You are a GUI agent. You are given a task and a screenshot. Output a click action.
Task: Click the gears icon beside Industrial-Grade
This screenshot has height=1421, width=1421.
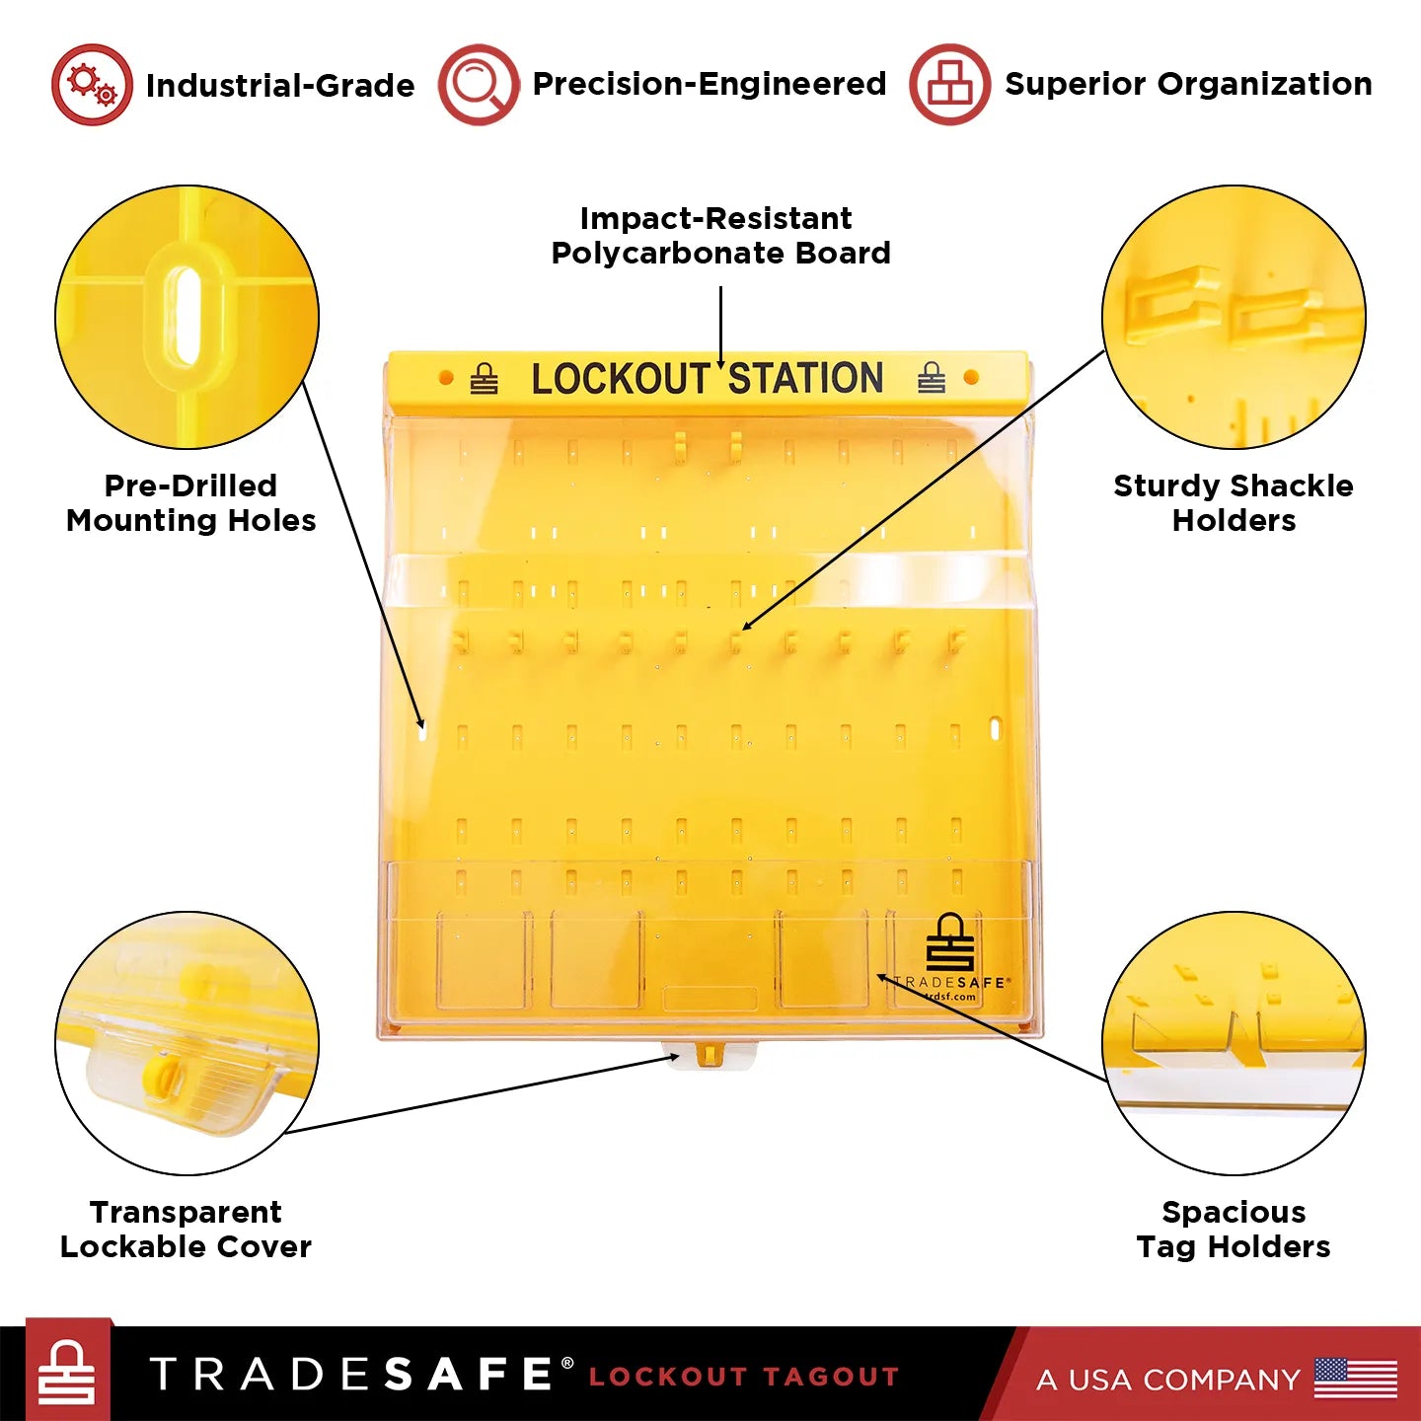[92, 85]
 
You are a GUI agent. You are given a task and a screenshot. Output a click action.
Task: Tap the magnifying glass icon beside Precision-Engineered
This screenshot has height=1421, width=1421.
[479, 85]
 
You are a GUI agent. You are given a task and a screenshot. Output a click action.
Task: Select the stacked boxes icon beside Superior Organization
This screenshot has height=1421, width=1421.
[949, 85]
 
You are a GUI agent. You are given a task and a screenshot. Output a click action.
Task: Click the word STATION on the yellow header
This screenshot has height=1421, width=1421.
[805, 379]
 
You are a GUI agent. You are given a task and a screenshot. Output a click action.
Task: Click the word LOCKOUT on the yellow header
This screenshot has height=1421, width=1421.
[621, 379]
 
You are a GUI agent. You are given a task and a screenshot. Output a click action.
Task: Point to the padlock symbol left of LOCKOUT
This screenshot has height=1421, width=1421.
[484, 379]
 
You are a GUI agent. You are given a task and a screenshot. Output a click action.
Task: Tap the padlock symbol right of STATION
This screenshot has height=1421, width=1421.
[932, 378]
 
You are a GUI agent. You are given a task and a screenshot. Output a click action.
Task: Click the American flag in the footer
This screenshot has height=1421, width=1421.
[1356, 1378]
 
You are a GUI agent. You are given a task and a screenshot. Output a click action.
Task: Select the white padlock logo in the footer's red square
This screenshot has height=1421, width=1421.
[67, 1373]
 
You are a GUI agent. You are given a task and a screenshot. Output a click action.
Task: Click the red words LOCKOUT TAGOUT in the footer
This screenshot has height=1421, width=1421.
[744, 1377]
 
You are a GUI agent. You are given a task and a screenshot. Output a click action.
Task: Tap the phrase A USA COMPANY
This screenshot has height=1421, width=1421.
[1168, 1379]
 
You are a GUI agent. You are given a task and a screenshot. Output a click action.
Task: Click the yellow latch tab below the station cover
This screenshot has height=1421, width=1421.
[709, 1055]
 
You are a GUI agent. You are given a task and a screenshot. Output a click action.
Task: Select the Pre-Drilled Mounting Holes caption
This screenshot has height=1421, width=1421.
[191, 502]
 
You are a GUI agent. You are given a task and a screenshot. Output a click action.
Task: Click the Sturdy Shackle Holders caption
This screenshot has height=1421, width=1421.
[1234, 502]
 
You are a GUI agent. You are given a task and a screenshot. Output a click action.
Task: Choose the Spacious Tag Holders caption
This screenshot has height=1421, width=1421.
[1234, 1229]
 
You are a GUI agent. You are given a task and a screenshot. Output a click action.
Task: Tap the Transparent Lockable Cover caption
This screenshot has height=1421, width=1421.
[186, 1229]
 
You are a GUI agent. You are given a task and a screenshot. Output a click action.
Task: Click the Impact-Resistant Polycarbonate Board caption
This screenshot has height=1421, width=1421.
[720, 235]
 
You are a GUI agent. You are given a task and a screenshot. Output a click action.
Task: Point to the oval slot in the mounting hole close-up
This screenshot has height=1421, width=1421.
[186, 303]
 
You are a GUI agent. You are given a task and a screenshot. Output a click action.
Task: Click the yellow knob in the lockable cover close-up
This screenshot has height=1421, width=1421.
[162, 1074]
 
